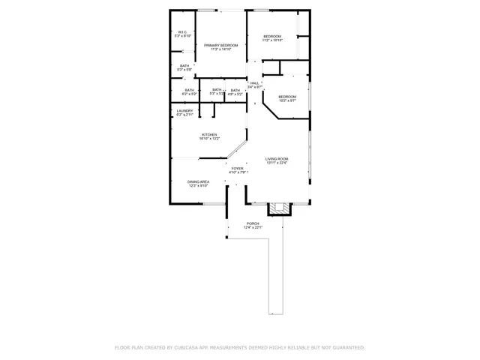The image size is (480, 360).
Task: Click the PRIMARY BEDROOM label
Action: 220,45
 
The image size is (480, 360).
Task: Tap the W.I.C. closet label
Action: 183,32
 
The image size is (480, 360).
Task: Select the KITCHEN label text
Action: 209,135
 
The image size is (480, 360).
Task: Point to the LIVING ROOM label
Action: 277,159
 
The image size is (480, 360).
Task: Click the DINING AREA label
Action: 198,181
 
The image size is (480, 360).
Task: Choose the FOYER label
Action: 237,169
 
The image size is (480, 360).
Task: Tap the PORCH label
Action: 253,223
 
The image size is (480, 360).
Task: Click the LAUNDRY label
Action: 184,111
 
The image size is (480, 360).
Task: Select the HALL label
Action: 254,82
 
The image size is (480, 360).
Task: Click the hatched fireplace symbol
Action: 279,208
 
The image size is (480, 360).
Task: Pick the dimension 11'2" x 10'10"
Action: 271,40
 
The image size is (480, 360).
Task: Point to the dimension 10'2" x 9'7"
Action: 287,100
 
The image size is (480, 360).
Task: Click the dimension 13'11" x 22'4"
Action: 277,163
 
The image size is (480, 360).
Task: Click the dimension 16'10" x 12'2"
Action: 209,139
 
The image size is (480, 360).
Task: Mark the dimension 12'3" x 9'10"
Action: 198,186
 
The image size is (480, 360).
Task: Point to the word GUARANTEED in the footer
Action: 345,348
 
